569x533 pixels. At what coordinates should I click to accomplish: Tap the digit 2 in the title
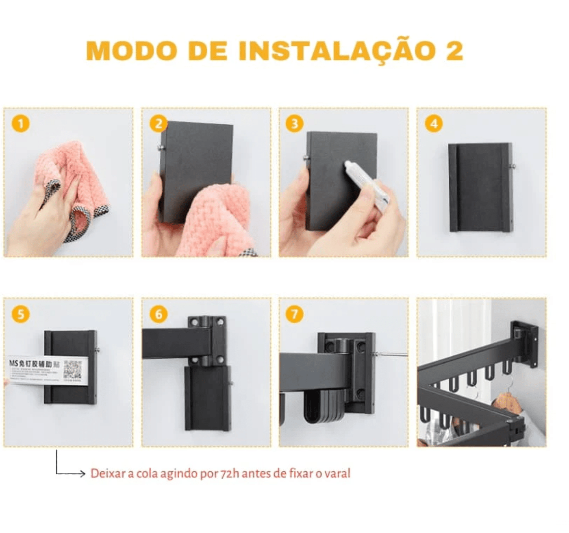coord(454,51)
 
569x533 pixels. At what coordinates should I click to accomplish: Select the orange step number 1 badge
coord(21,123)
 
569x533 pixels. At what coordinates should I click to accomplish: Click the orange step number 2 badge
coord(159,123)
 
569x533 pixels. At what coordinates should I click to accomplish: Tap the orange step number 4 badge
coord(434,123)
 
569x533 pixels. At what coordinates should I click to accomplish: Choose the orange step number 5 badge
coord(21,314)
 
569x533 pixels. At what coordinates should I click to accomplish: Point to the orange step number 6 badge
coord(159,314)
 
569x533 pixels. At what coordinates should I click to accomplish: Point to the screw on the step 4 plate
coord(513,165)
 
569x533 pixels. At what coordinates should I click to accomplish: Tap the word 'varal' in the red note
coord(337,474)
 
